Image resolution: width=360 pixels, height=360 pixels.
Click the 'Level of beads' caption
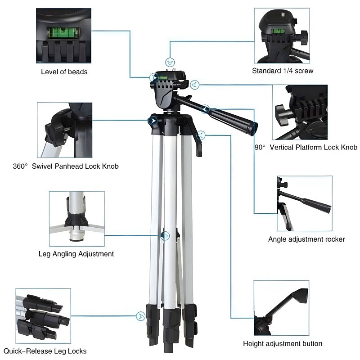tap(64, 72)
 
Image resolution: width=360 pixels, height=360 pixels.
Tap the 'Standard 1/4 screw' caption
tap(283, 71)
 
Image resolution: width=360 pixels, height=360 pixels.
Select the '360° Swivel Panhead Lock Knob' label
tap(66, 166)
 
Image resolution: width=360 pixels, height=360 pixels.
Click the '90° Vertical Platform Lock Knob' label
tap(306, 147)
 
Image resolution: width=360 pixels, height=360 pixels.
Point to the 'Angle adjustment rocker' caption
tap(306, 239)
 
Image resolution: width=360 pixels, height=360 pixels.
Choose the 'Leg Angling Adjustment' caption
tap(76, 254)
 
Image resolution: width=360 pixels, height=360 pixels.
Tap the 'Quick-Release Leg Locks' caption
tap(45, 351)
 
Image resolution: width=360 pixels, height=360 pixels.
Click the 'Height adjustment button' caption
tap(283, 343)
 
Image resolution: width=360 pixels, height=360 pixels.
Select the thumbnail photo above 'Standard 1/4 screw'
tap(282, 36)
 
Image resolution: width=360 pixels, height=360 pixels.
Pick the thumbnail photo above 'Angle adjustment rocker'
tap(304, 203)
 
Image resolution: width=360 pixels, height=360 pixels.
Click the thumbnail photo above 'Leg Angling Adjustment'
tap(76, 219)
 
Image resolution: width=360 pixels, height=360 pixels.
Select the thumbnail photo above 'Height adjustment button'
tap(281, 308)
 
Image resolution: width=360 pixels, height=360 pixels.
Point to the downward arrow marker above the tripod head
tap(170, 61)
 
